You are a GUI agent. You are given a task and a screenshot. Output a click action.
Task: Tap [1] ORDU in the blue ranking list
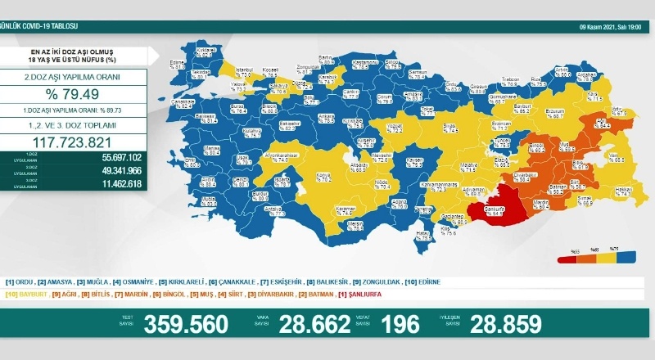tap(22, 282)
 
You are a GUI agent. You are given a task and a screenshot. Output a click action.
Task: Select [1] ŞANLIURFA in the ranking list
tap(360, 293)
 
